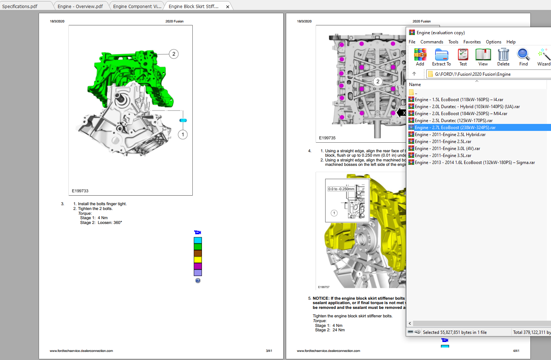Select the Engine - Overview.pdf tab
coord(80,6)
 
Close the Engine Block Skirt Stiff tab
coord(228,7)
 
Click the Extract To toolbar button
coord(441,57)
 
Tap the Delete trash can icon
coord(503,57)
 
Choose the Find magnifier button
coord(523,57)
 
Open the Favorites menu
coord(472,42)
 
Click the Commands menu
coord(432,42)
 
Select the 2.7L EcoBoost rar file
coord(455,128)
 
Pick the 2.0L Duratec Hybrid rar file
coord(467,107)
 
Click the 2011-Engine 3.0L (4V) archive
coord(447,149)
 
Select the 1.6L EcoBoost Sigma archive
coord(474,163)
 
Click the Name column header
coord(415,85)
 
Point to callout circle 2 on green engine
coord(174,54)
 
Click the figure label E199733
coord(80,191)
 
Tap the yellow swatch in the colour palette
coord(198,260)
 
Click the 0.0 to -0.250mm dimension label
coord(341,189)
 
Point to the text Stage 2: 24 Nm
coord(330,330)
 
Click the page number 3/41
coord(269,351)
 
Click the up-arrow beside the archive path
coord(414,74)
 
